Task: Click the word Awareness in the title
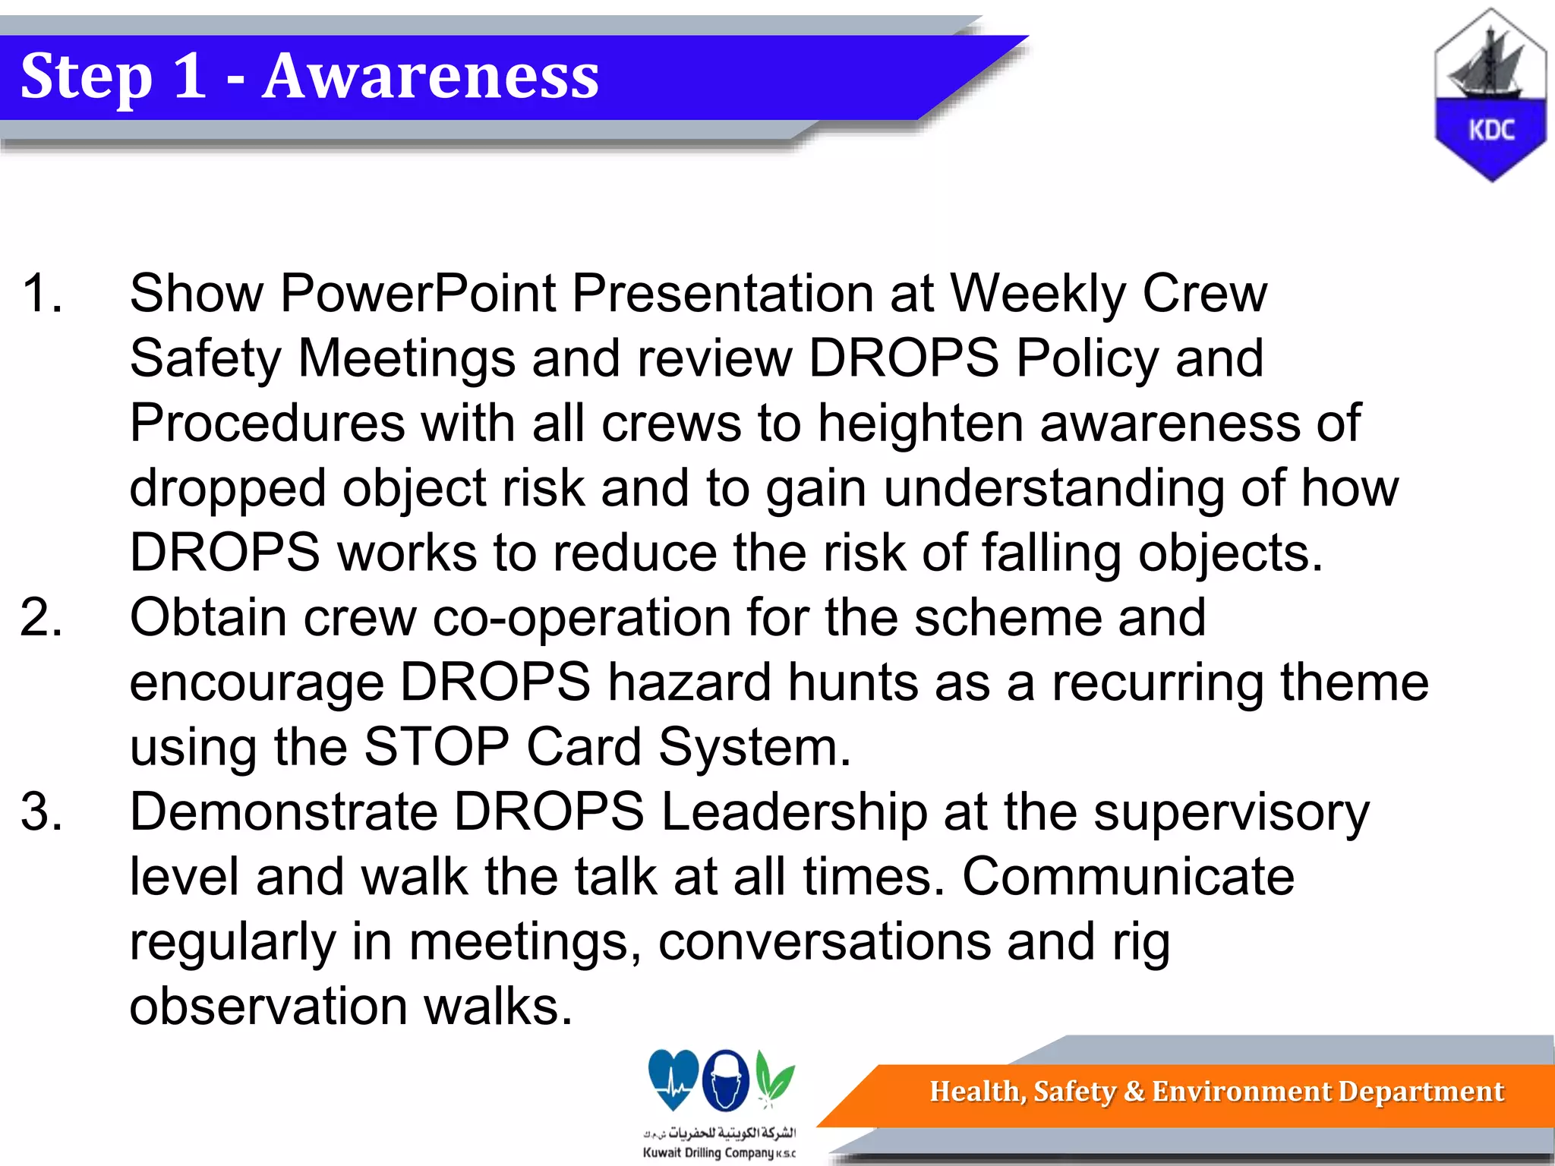point(431,77)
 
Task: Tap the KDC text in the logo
point(1490,131)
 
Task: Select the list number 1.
point(42,293)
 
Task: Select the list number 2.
point(42,617)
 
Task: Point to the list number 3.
point(42,811)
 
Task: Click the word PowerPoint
point(418,293)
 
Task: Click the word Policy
point(1087,358)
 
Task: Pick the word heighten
point(919,423)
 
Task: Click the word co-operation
point(581,617)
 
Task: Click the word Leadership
point(794,811)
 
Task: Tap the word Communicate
point(1128,877)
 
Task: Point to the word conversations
point(824,941)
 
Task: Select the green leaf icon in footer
point(775,1078)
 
